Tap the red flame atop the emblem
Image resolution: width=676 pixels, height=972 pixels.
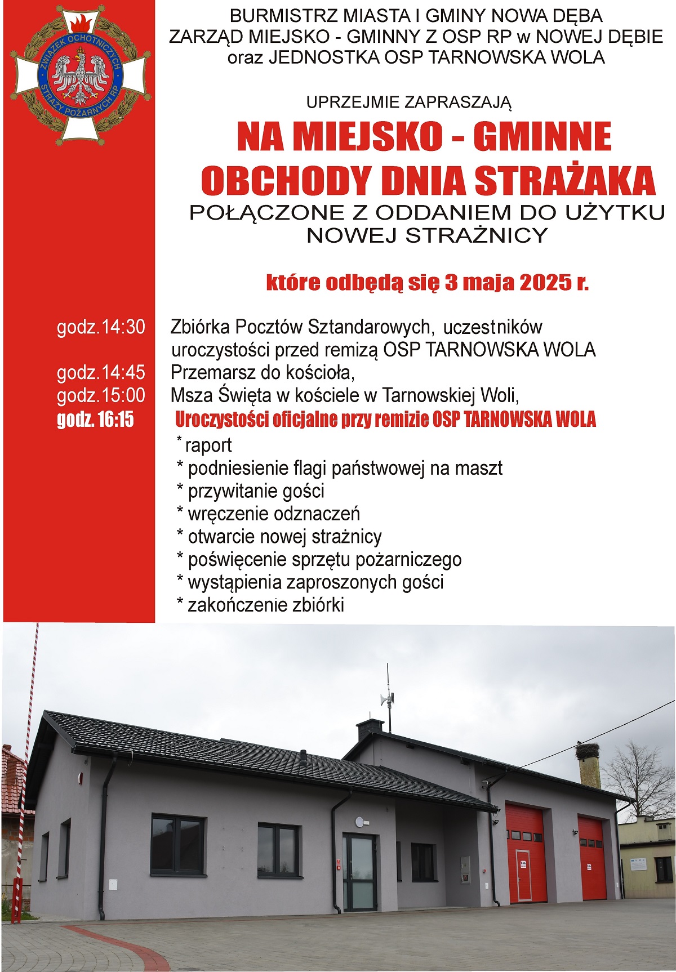coord(81,24)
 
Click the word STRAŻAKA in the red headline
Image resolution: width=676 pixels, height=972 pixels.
coord(565,181)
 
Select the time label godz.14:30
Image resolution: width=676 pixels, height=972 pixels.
coord(101,327)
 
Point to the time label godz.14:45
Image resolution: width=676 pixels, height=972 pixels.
coord(101,372)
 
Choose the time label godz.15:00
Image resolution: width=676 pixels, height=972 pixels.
coord(101,395)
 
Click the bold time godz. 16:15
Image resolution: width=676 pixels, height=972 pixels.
coord(95,420)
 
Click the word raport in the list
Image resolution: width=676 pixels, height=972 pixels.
coord(208,445)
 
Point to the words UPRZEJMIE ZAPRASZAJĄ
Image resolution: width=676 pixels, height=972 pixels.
coord(408,102)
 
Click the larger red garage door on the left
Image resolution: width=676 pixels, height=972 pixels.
coord(526,853)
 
